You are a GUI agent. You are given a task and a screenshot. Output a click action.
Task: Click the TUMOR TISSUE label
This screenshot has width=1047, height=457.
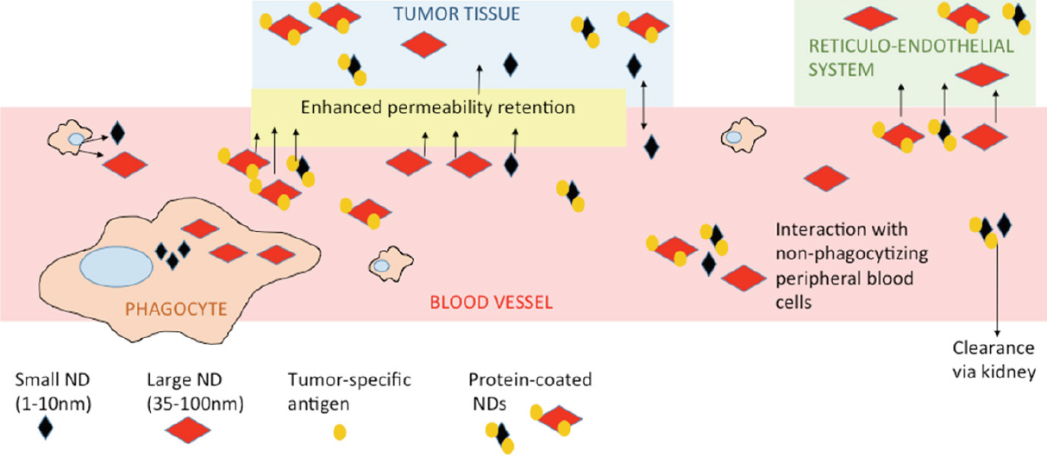(x=456, y=14)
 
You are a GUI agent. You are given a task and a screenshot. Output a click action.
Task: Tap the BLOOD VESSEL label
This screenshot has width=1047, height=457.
(x=492, y=303)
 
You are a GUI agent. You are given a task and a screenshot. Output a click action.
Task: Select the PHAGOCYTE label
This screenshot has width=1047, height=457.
(x=176, y=309)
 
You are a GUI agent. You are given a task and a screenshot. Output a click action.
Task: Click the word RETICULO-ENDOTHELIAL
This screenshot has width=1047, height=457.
(x=911, y=47)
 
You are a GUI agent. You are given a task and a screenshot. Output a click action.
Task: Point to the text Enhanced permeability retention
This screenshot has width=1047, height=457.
(x=437, y=108)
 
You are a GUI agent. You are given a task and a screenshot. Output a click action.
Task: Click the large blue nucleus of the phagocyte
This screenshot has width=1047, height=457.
(x=116, y=266)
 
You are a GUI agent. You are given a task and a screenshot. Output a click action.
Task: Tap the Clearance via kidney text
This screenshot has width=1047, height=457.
(x=994, y=360)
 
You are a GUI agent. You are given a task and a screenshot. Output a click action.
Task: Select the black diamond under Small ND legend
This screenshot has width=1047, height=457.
(x=46, y=427)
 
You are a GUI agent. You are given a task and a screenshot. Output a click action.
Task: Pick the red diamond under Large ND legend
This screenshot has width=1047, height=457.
(x=188, y=430)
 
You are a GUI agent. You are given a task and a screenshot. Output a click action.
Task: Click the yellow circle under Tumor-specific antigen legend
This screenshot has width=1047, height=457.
(x=340, y=432)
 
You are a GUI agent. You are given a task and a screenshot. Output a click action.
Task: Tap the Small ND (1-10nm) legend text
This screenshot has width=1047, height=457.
(x=53, y=391)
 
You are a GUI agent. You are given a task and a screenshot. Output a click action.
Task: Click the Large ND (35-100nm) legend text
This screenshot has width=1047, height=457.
(x=196, y=391)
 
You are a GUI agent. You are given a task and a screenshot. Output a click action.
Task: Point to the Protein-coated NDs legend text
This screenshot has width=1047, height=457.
(x=530, y=391)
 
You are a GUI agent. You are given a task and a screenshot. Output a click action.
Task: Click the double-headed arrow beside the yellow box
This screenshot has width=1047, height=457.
(x=644, y=104)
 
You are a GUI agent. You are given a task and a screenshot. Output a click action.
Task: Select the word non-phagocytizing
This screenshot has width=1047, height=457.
(x=851, y=254)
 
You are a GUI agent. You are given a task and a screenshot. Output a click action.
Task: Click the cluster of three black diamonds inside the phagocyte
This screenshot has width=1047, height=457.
(x=172, y=255)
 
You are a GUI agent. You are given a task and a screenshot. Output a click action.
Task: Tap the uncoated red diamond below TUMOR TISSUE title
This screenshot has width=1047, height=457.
(x=423, y=45)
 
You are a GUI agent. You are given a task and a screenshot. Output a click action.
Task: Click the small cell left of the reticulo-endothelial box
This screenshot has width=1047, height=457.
(x=743, y=135)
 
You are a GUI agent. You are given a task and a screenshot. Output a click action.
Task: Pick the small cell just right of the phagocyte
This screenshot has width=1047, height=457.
(x=391, y=264)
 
